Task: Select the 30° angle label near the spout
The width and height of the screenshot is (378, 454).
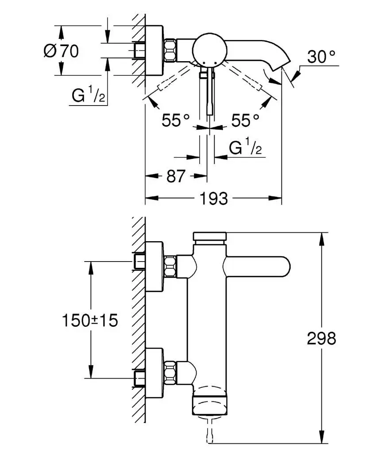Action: click(322, 57)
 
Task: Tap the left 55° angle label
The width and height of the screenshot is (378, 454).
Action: click(176, 120)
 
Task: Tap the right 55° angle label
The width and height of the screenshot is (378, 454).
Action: click(245, 120)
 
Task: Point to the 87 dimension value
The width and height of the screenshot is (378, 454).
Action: click(176, 176)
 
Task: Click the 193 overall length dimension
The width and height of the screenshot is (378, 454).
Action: click(214, 198)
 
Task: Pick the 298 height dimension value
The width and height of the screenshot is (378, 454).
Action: click(321, 339)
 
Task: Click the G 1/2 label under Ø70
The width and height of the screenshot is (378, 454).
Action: click(89, 95)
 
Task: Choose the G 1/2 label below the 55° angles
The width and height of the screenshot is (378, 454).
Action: click(246, 148)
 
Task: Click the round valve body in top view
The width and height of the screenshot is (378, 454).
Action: click(208, 49)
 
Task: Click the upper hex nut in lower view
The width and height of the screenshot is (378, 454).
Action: click(170, 266)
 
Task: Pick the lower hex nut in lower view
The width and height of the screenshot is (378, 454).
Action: click(170, 372)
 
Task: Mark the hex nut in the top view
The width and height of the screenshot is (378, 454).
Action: click(170, 50)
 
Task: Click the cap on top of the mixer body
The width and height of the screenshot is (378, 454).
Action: click(210, 237)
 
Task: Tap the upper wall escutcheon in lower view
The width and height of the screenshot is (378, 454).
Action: click(154, 266)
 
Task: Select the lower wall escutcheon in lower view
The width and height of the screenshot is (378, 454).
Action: click(154, 372)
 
